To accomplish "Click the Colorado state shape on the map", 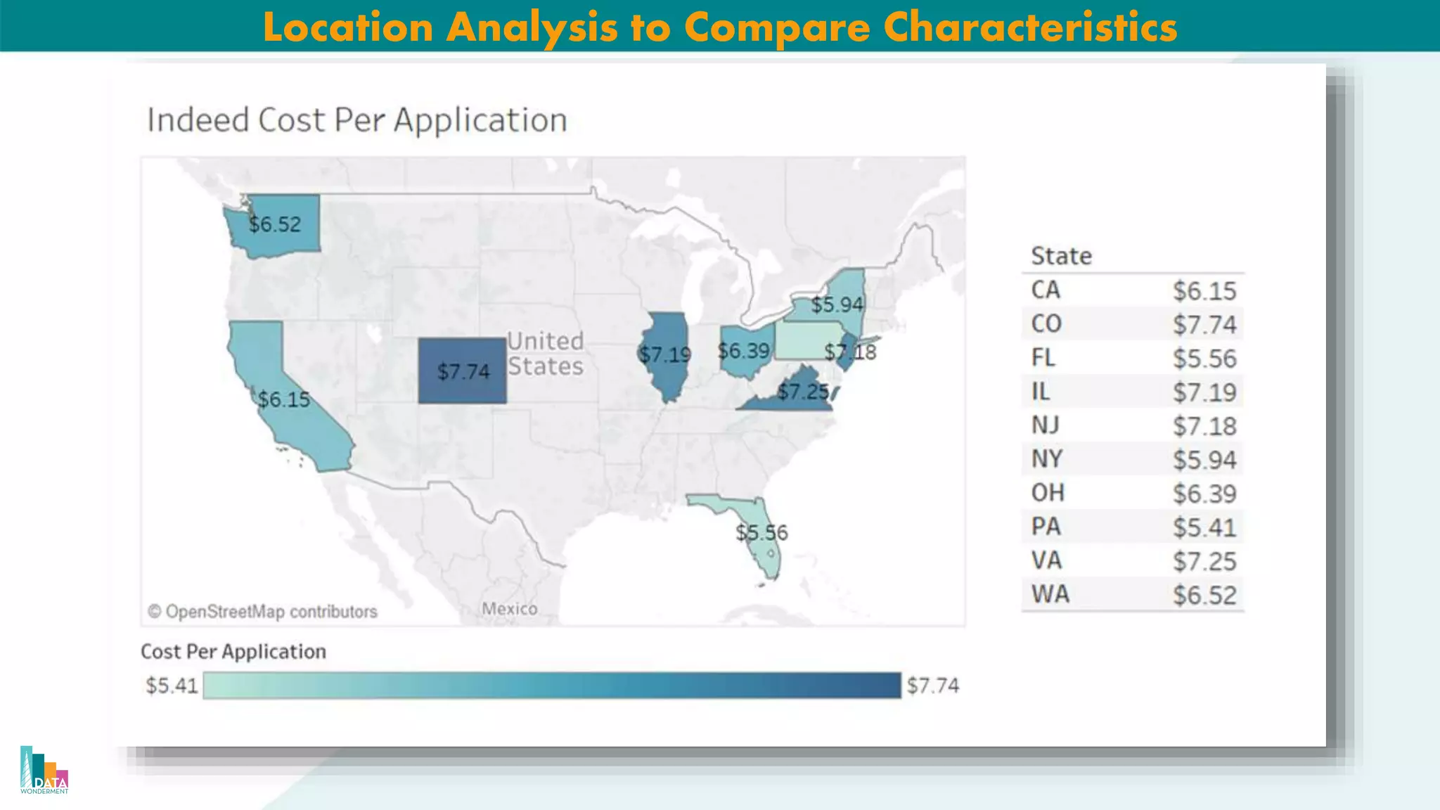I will pyautogui.click(x=462, y=352).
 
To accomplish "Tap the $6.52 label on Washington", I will pyautogui.click(x=275, y=224).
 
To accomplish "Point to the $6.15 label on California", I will pyautogui.click(x=283, y=399).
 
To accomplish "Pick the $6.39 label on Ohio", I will pyautogui.click(x=743, y=350).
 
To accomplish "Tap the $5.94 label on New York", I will pyautogui.click(x=837, y=304).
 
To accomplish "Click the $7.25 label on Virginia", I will pyautogui.click(x=803, y=391).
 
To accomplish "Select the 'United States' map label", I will pyautogui.click(x=546, y=354).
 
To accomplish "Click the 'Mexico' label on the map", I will pyautogui.click(x=510, y=608).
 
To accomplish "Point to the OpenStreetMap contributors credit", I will pyautogui.click(x=262, y=612).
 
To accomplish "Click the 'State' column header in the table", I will pyautogui.click(x=1061, y=256).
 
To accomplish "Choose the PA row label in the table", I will pyautogui.click(x=1046, y=527).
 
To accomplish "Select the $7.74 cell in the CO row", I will pyautogui.click(x=1204, y=324).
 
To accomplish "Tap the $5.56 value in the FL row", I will pyautogui.click(x=1204, y=359).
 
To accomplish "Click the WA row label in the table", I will pyautogui.click(x=1050, y=594).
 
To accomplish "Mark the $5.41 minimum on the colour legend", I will pyautogui.click(x=172, y=686).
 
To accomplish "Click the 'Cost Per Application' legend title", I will pyautogui.click(x=233, y=652).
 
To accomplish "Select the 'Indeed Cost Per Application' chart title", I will pyautogui.click(x=357, y=120).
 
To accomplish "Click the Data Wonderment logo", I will pyautogui.click(x=44, y=771).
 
